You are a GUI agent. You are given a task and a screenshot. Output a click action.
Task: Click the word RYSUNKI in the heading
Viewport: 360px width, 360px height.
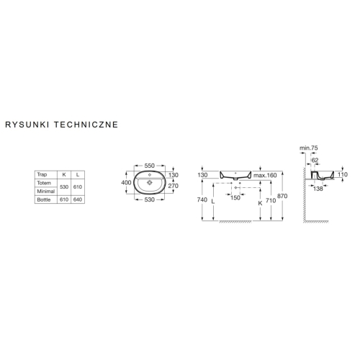click(27, 125)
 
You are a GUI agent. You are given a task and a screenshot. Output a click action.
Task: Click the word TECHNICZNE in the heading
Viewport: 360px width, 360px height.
click(86, 125)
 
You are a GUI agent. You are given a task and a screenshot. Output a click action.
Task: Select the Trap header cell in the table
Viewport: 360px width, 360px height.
click(42, 174)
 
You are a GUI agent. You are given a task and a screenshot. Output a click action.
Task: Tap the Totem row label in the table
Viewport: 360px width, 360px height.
click(44, 183)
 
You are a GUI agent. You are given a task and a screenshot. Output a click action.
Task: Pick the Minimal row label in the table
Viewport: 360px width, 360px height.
click(46, 192)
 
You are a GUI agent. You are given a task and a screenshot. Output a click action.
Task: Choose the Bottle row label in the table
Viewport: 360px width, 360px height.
click(44, 199)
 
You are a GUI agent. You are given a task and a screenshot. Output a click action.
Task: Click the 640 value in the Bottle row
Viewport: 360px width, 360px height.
click(78, 199)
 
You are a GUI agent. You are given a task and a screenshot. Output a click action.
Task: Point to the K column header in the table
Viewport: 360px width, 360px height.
click(64, 174)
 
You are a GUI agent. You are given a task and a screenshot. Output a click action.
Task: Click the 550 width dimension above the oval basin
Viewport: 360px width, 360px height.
click(149, 166)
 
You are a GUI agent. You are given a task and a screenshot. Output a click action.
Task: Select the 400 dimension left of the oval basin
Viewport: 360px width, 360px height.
click(126, 183)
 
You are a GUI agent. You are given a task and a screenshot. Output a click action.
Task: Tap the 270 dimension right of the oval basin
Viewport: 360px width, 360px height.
click(174, 186)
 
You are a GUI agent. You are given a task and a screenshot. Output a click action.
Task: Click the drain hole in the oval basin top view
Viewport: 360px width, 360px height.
click(150, 183)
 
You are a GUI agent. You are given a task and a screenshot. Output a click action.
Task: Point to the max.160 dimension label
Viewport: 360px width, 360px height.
click(265, 175)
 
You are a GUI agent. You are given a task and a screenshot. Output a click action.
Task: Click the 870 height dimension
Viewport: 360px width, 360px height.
click(282, 196)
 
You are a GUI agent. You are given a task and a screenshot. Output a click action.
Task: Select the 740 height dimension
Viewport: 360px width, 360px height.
click(202, 199)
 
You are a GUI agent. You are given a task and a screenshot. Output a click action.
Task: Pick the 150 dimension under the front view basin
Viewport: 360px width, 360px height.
click(235, 197)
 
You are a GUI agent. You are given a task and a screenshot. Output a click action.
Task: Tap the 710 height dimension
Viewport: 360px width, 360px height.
click(271, 200)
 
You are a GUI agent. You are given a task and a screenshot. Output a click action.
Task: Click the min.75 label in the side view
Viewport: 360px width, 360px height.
click(309, 148)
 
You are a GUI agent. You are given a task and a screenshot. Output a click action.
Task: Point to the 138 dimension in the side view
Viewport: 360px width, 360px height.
click(318, 189)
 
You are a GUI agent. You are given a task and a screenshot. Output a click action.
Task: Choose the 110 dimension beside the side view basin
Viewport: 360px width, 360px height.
click(343, 174)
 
